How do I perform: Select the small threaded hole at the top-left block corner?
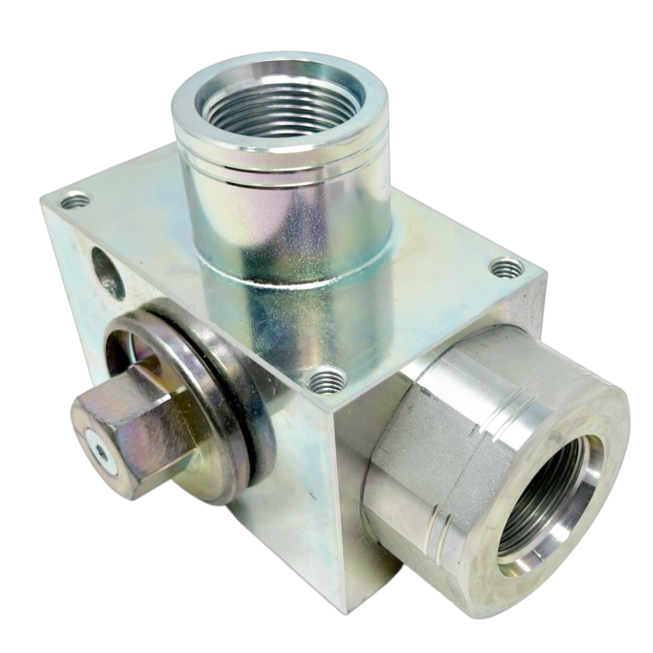pos(77,200)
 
